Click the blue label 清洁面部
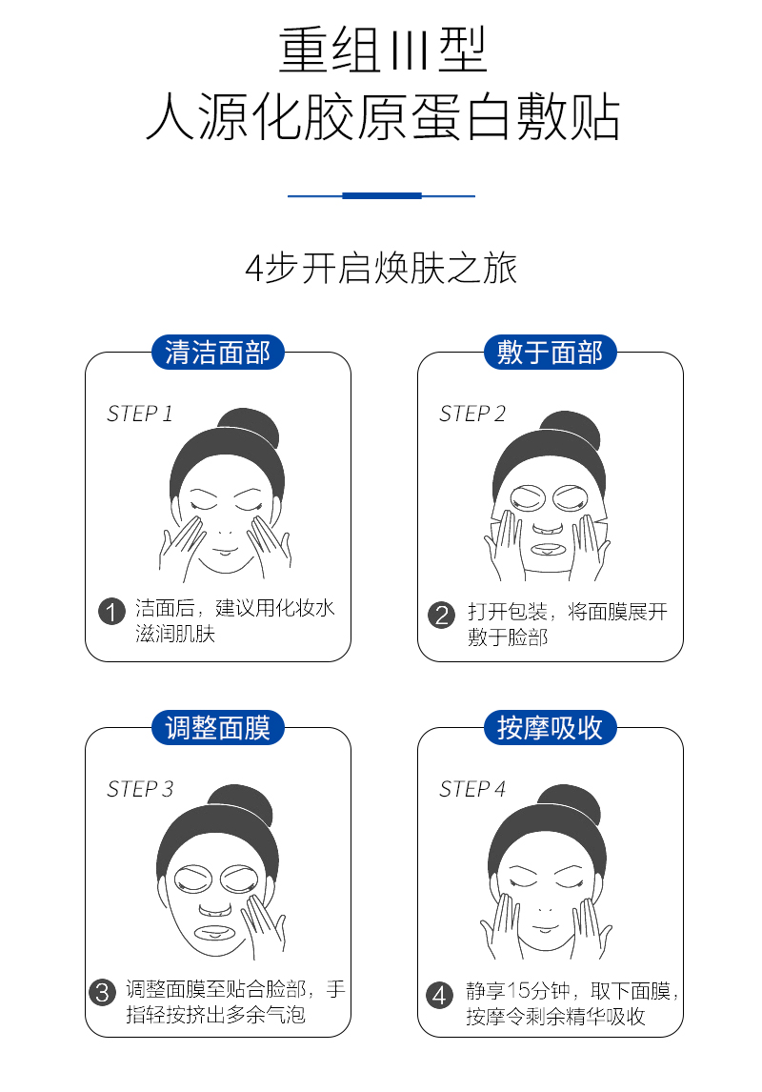(218, 353)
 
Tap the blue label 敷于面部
(550, 353)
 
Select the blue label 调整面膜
(218, 728)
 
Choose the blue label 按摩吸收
(550, 728)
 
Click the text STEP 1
(139, 414)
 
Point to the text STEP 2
(472, 414)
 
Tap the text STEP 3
(140, 789)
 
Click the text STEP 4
(472, 789)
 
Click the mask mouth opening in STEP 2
(549, 551)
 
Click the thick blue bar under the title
(381, 195)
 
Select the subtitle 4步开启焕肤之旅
(381, 269)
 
